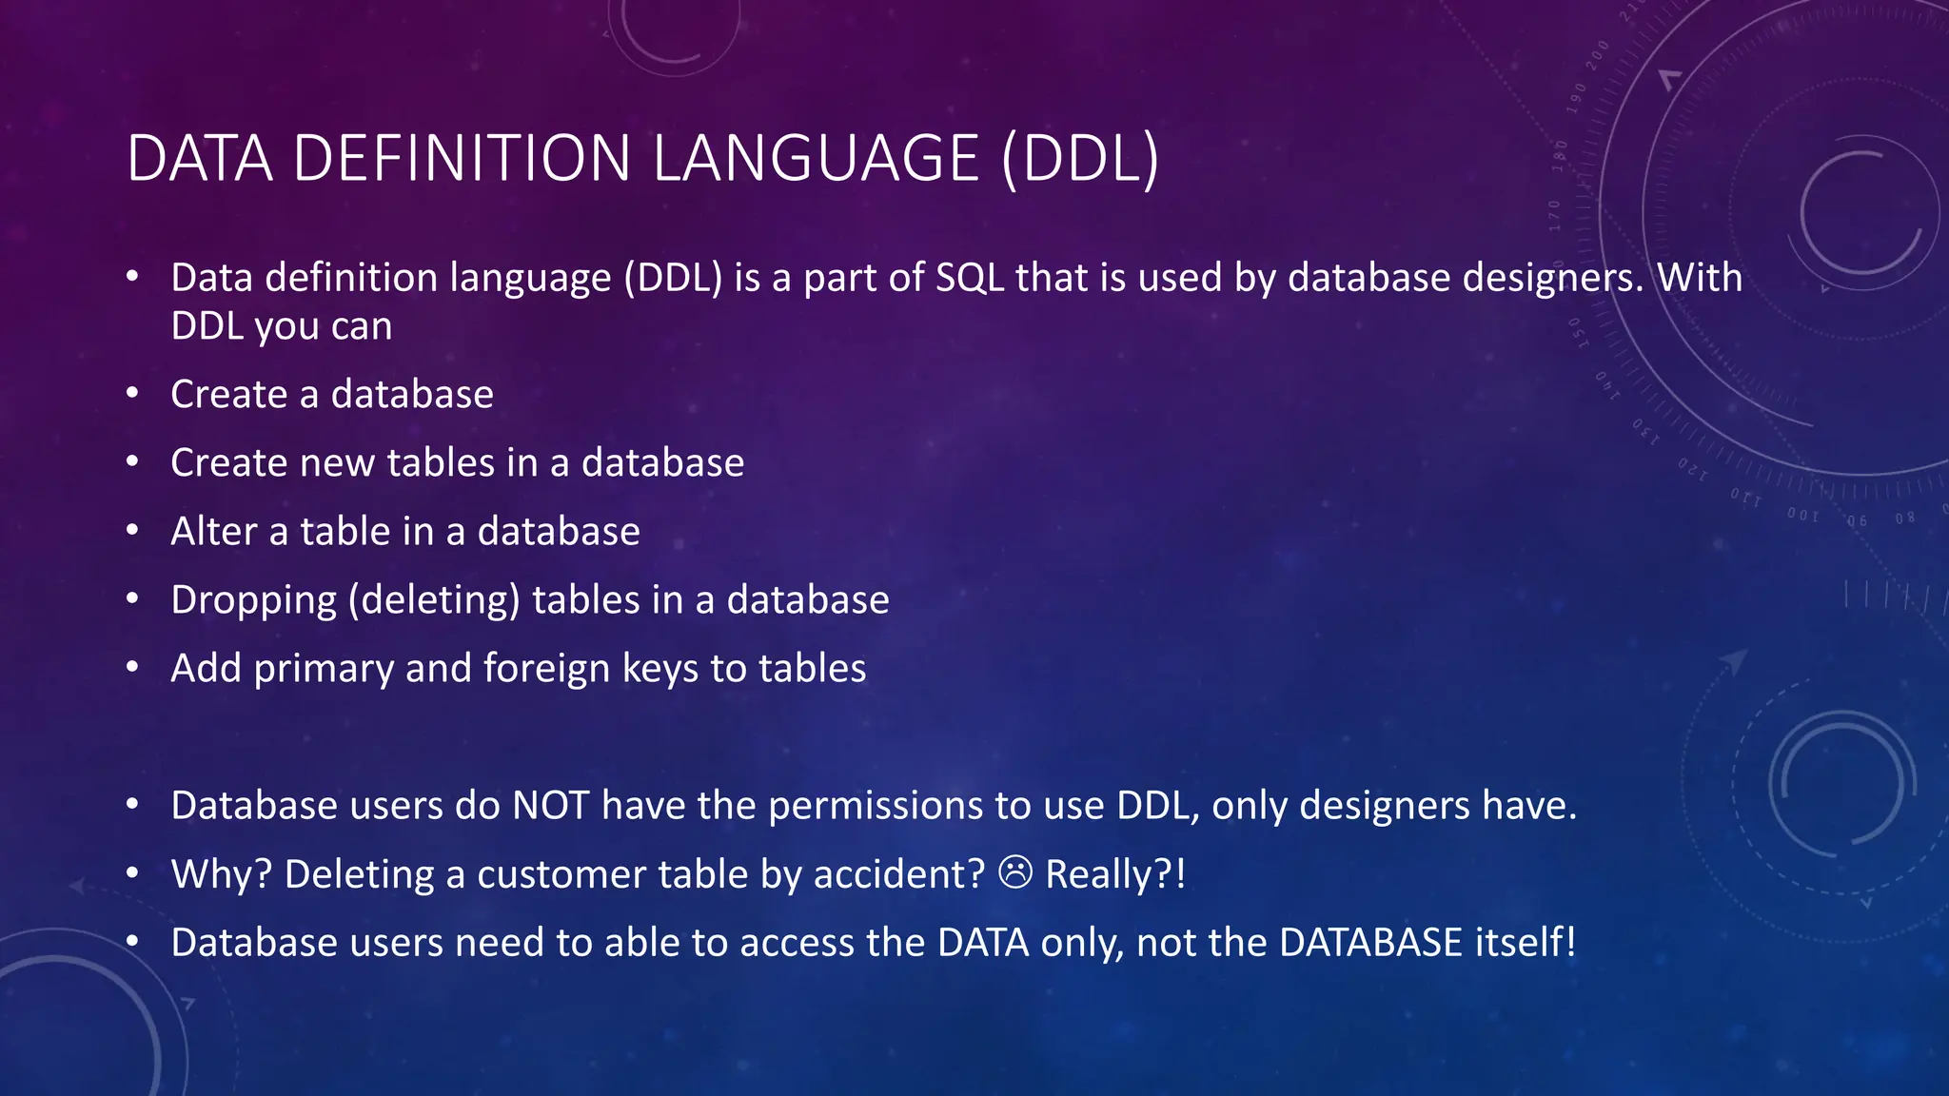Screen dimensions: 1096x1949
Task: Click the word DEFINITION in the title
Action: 462,158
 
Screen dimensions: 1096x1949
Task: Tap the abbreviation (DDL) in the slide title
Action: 1080,158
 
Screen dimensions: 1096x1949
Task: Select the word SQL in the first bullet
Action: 970,278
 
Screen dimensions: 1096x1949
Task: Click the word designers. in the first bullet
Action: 1553,278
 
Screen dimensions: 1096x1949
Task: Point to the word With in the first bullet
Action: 1700,278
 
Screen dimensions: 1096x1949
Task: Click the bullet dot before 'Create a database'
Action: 133,392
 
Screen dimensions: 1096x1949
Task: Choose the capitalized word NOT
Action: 551,806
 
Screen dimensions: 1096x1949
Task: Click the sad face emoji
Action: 1015,871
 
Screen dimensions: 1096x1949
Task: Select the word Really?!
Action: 1115,874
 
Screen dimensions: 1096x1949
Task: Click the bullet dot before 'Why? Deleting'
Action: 133,872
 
